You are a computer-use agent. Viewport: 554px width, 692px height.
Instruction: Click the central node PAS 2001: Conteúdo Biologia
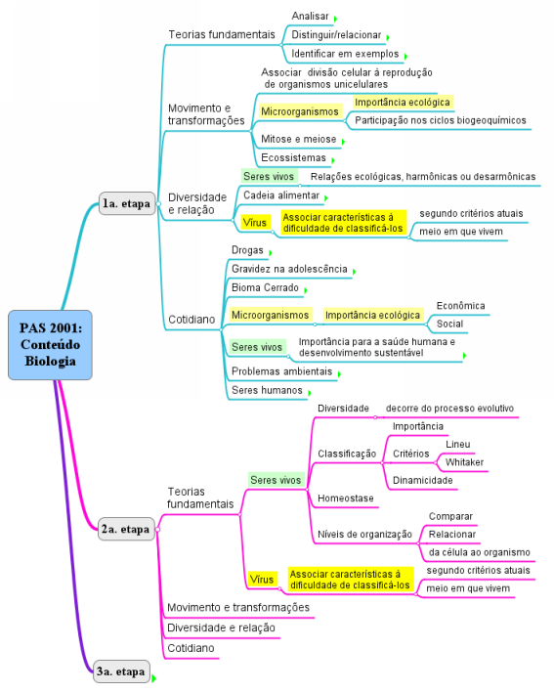click(50, 345)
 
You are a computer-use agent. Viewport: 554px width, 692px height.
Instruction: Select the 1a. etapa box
click(127, 203)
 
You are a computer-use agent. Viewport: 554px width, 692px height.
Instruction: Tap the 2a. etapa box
click(126, 529)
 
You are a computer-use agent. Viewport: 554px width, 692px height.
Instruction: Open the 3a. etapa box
click(121, 671)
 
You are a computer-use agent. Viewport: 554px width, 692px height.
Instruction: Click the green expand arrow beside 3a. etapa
click(154, 678)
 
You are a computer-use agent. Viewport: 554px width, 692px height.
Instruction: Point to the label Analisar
click(310, 16)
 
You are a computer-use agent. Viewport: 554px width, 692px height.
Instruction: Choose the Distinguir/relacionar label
click(336, 35)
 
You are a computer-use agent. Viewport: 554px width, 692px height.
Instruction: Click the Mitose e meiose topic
click(299, 139)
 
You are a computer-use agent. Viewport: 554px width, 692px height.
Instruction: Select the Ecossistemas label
click(293, 157)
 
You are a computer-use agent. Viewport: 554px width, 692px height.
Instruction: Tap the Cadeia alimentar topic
click(281, 195)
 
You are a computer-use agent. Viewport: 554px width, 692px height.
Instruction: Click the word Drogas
click(247, 250)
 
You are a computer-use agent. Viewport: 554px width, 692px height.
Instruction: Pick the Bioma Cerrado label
click(265, 287)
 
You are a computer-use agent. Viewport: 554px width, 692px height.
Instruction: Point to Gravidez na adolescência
click(289, 269)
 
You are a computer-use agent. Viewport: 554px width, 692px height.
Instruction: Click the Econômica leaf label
click(460, 306)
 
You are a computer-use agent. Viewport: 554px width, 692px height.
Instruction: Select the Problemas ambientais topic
click(281, 371)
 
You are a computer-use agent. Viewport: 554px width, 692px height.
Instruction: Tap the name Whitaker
click(464, 462)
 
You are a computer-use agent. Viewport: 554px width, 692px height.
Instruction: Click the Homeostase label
click(345, 498)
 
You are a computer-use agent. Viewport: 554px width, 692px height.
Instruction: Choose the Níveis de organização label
click(364, 535)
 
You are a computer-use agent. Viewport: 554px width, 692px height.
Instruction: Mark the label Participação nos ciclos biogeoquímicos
click(441, 120)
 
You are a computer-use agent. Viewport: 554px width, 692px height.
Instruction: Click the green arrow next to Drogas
click(271, 253)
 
